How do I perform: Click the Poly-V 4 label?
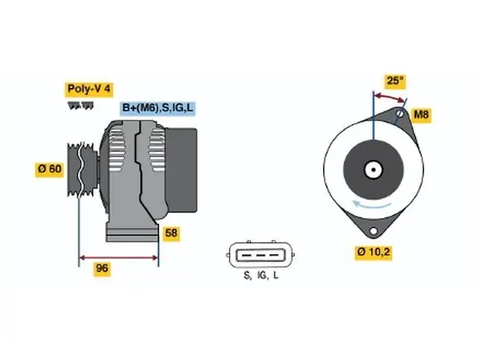(x=89, y=89)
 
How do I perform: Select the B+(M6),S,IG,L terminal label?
(x=158, y=107)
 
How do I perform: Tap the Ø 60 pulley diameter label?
(x=49, y=169)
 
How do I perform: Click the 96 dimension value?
(x=102, y=268)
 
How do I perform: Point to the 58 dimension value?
(x=171, y=233)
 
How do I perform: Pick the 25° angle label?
(x=395, y=81)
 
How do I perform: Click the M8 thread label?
(x=421, y=115)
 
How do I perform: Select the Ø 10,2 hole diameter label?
(x=373, y=252)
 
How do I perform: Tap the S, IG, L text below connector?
(x=261, y=275)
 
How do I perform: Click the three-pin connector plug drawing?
(x=260, y=255)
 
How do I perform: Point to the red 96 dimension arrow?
(x=118, y=257)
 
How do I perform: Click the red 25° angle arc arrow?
(x=390, y=96)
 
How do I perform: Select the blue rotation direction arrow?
(x=372, y=204)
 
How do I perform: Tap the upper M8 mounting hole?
(x=400, y=113)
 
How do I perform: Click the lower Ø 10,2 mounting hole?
(x=373, y=231)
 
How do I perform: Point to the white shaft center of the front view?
(x=373, y=169)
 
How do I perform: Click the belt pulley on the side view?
(x=82, y=169)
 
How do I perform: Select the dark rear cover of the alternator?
(x=181, y=170)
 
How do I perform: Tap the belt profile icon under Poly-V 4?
(x=81, y=106)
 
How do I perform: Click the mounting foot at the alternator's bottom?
(x=133, y=233)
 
